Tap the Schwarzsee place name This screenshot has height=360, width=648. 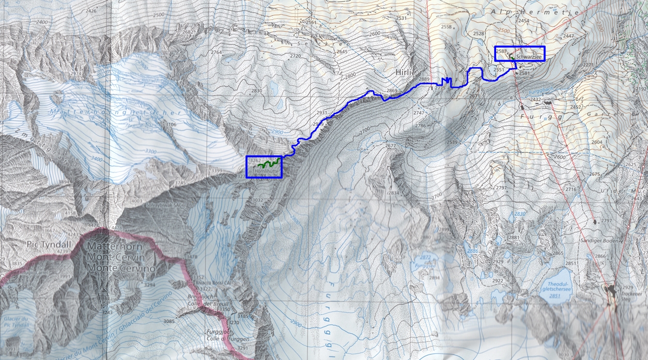528,55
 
